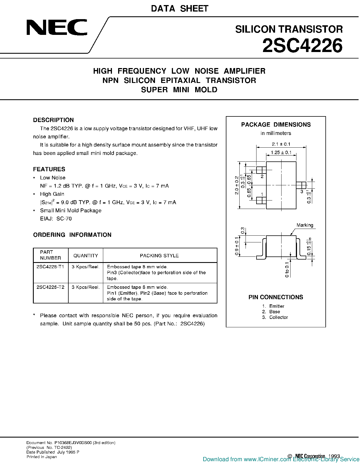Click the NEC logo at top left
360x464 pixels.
(x=57, y=28)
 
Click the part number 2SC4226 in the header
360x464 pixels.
(x=302, y=46)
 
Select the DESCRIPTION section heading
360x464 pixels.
(x=53, y=120)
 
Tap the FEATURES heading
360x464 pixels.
(x=49, y=169)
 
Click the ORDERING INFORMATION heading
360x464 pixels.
(x=72, y=235)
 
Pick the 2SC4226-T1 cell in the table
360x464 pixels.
(x=50, y=267)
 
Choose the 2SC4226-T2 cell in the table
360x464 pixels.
(x=50, y=287)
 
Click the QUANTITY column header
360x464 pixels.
(x=85, y=256)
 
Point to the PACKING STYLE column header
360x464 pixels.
(x=159, y=256)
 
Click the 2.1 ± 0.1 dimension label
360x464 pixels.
(x=281, y=144)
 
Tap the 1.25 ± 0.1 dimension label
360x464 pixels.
(x=281, y=153)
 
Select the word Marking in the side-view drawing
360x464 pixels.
(x=305, y=225)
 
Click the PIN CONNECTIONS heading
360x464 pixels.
(x=276, y=297)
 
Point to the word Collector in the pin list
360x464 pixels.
(x=278, y=317)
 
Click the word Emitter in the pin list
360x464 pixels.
(x=277, y=306)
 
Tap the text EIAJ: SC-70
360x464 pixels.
(x=56, y=219)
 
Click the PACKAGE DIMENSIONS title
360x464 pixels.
(x=276, y=125)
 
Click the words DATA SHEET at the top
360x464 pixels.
(x=180, y=9)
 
